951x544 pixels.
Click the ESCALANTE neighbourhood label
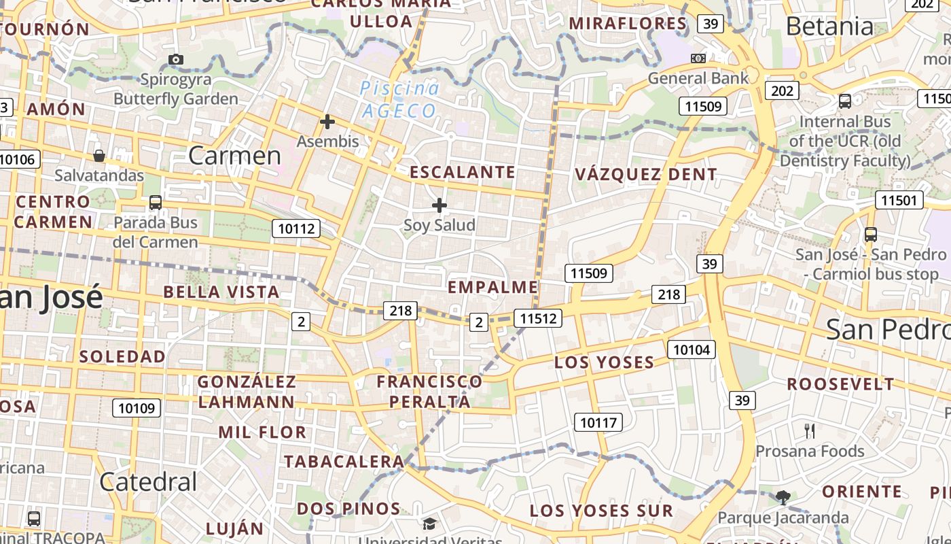(462, 172)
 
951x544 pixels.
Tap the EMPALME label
(492, 287)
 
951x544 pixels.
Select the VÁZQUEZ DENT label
(645, 174)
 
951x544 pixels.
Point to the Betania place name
(829, 26)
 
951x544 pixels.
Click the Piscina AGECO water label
(399, 99)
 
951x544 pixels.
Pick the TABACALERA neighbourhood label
(344, 461)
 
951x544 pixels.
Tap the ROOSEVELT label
(840, 384)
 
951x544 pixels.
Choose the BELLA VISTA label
(221, 292)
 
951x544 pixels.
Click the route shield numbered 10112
(296, 228)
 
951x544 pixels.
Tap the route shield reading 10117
(598, 422)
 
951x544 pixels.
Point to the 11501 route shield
(899, 200)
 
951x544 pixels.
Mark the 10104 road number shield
(692, 350)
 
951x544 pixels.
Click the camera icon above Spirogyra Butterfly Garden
(176, 59)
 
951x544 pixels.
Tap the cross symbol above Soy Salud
(439, 205)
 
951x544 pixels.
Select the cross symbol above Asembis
(327, 122)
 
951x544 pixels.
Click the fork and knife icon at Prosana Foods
(809, 430)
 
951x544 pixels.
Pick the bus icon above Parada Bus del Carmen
(156, 202)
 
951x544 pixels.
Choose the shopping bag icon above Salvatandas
(99, 156)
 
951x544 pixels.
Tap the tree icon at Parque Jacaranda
(783, 497)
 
